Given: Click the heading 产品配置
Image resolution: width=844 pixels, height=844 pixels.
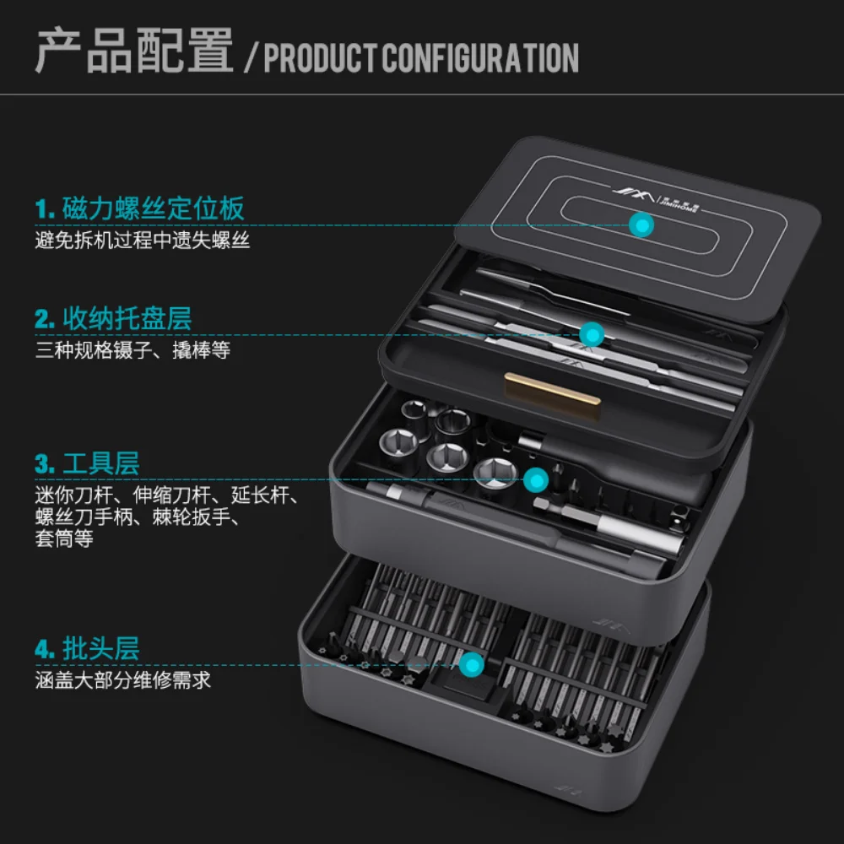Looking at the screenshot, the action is click(134, 51).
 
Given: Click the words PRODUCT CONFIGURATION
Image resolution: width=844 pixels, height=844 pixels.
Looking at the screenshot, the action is click(421, 58).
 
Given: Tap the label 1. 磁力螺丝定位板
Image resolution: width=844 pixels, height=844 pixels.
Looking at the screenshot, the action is click(139, 208).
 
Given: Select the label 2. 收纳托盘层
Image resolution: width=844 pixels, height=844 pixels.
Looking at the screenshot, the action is click(113, 319).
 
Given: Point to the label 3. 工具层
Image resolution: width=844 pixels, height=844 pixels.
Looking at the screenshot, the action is click(87, 463).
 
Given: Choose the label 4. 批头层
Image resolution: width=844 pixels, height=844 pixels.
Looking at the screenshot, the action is click(87, 648).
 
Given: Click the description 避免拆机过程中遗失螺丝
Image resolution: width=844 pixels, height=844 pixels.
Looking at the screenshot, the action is click(143, 240).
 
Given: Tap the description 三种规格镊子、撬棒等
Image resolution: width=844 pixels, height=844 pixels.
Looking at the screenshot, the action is click(133, 350).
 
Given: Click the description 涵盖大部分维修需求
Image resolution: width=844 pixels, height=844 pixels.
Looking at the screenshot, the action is click(122, 680).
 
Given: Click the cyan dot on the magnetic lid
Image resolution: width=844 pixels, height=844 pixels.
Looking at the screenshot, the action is click(641, 225).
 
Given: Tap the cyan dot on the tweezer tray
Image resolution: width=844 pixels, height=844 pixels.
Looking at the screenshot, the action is click(592, 335).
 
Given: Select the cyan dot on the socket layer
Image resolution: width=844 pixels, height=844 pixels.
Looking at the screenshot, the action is click(536, 479).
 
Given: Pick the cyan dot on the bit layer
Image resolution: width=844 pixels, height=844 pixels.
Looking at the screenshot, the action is click(472, 665).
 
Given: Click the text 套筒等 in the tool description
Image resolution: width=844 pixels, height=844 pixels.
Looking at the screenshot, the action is click(64, 538).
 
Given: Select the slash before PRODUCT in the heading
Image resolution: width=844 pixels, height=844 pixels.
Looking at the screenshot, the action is click(251, 58).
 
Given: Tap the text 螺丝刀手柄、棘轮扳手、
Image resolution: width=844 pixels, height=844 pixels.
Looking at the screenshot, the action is click(138, 517).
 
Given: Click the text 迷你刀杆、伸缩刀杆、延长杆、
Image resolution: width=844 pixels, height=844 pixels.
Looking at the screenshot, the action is click(167, 495).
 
